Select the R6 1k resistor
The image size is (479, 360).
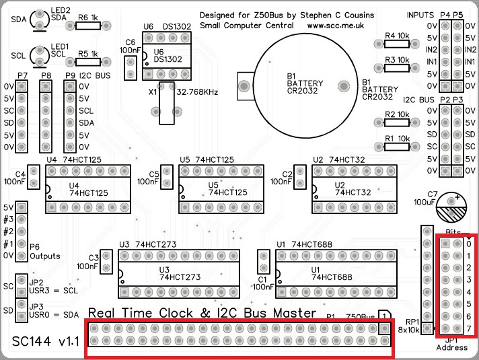(87, 26)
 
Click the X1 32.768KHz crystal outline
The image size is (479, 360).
(166, 104)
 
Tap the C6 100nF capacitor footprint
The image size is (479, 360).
(131, 67)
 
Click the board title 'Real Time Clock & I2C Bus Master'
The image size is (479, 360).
(202, 313)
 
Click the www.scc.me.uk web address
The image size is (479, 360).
(336, 26)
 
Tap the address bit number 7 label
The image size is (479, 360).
(469, 328)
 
